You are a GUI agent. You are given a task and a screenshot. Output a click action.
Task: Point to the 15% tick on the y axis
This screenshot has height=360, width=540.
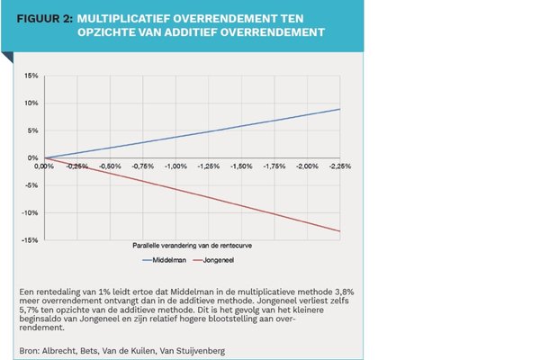tap(31, 76)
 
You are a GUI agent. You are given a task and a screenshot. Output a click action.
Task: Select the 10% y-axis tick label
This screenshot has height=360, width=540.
tap(31, 103)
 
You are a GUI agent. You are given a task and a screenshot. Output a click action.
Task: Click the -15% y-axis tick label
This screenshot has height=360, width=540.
tap(30, 240)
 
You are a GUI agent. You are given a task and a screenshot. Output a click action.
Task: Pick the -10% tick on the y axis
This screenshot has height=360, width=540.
tap(30, 212)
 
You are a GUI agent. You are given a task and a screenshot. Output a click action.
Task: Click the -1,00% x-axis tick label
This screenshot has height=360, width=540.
tap(174, 166)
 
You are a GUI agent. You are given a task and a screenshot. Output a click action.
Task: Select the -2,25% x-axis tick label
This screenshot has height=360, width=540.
tap(339, 166)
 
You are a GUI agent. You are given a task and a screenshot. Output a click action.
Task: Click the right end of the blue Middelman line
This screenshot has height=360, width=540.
tap(339, 109)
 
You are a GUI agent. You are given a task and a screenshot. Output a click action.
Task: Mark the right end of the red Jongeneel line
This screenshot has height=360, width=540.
tap(339, 231)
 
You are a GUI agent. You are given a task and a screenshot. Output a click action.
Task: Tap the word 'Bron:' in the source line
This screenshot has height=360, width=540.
tap(28, 346)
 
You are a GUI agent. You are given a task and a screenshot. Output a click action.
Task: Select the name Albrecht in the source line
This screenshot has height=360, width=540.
tap(60, 346)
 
